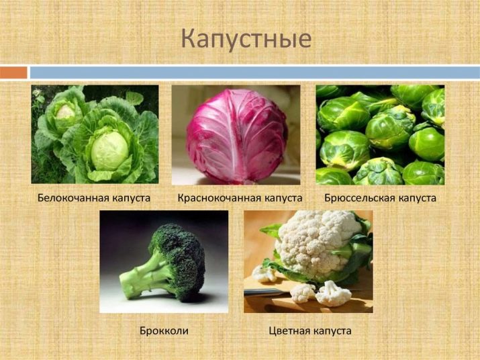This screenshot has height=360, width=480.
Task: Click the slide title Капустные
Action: [x=246, y=40]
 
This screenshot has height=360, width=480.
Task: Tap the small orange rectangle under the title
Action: [x=13, y=73]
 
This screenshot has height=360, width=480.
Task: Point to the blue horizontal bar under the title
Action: [x=254, y=73]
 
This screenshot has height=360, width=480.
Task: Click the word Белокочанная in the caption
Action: [x=73, y=197]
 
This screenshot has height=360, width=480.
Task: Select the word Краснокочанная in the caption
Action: [x=219, y=197]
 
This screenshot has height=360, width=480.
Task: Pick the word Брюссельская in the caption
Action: [x=360, y=197]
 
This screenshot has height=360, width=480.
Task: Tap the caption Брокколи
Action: [x=164, y=330]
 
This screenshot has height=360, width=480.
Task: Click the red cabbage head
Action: [x=236, y=136]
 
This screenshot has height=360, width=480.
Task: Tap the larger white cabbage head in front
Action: [x=109, y=150]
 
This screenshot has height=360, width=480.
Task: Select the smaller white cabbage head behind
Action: [x=66, y=112]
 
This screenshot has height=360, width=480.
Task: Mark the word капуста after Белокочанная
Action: [x=131, y=198]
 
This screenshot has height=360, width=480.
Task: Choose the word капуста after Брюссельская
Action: [x=417, y=198]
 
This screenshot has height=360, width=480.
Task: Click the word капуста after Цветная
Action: [x=332, y=331]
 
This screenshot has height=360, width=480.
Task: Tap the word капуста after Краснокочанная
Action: [x=283, y=198]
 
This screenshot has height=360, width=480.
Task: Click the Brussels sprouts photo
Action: [x=380, y=135]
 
